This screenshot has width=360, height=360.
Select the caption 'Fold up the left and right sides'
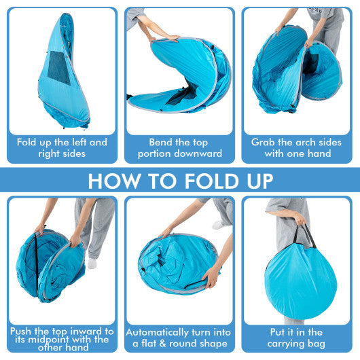pos(62,148)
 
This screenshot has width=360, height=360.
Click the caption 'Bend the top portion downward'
pos(179,148)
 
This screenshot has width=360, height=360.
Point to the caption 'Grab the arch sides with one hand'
pos(297,148)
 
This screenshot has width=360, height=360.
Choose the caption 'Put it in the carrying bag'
pos(297,338)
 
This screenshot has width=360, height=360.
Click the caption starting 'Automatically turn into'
pos(179,338)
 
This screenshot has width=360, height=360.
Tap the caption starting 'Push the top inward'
pos(62,338)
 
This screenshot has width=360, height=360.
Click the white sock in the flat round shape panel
pos(218,224)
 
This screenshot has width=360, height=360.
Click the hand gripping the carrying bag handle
pos(299,219)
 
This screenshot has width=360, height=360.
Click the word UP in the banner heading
pos(257,181)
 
